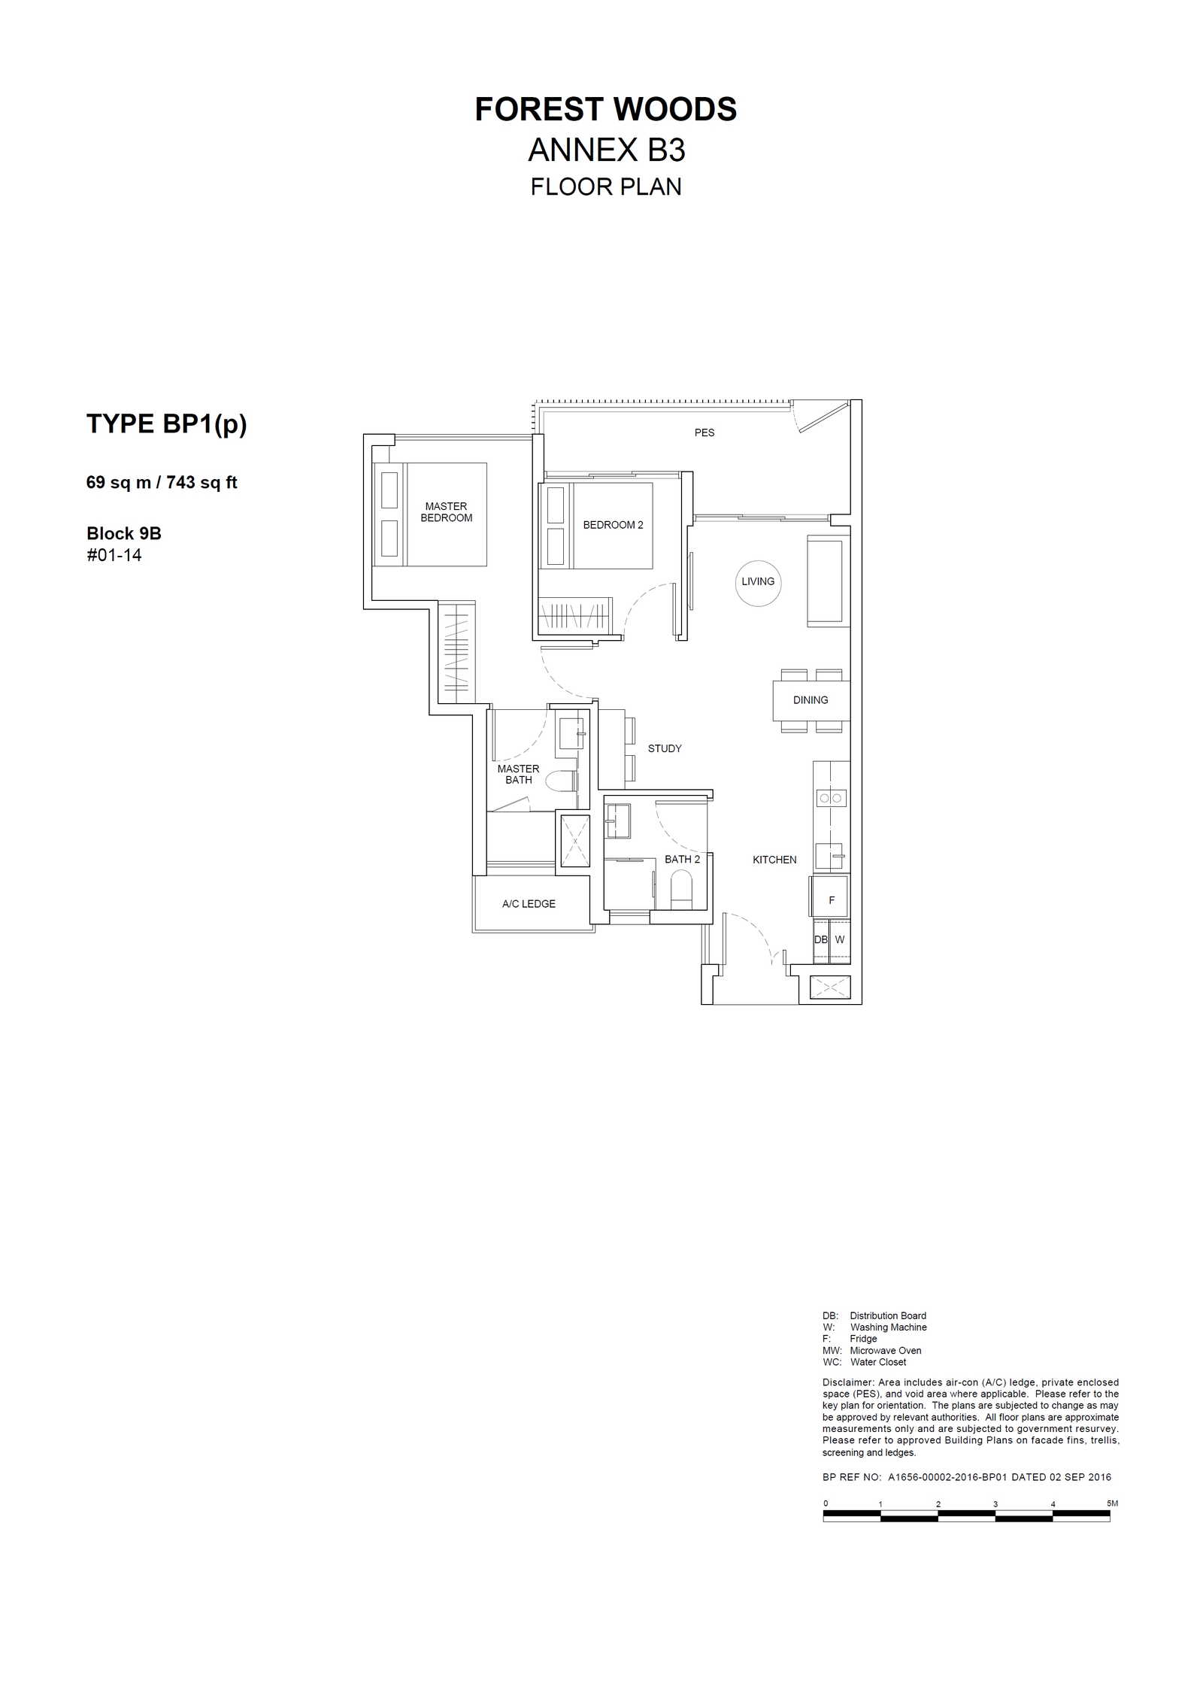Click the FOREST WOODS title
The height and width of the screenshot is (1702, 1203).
(x=605, y=110)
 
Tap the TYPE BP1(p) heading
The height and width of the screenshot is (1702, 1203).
(x=167, y=424)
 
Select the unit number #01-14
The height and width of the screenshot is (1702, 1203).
(x=114, y=555)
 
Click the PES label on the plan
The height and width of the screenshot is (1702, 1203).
(x=705, y=432)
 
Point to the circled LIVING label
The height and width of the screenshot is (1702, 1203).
(x=758, y=581)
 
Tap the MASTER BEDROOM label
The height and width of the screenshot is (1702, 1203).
(x=447, y=512)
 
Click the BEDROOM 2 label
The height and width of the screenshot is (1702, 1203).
(x=613, y=525)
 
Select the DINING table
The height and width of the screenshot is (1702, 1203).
(x=811, y=700)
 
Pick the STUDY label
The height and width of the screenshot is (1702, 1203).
(x=665, y=748)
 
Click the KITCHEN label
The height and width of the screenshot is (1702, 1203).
(x=774, y=860)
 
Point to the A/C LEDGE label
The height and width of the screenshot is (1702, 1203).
(x=529, y=904)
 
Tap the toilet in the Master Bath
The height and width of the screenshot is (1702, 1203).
(x=559, y=781)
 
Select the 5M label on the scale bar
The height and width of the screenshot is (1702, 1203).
(x=1113, y=1503)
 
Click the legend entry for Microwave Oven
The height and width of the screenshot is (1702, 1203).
(x=872, y=1350)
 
